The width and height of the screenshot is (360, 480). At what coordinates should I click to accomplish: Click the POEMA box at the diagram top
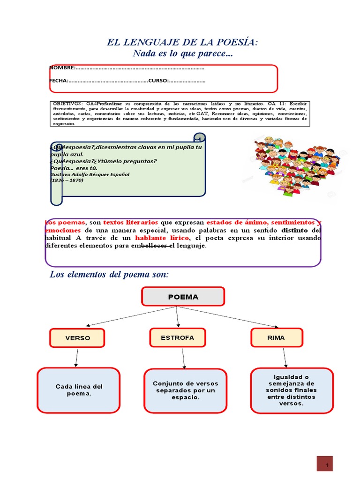(x=183, y=297)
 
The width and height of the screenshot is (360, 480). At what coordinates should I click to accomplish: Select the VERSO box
(x=77, y=338)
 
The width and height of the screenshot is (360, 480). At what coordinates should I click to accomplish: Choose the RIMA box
(x=276, y=337)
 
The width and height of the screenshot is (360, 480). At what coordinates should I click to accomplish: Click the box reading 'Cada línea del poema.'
(x=79, y=390)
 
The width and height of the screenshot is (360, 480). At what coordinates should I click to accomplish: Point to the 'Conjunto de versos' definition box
(x=186, y=390)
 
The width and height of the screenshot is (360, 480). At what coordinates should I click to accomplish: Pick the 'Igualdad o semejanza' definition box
(x=292, y=390)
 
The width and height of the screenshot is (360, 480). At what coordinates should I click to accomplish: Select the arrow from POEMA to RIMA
(x=230, y=317)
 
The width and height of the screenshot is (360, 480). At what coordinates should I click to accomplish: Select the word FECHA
(x=59, y=81)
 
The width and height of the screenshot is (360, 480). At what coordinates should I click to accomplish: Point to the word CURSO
(x=157, y=81)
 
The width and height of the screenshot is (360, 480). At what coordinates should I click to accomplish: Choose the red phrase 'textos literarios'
(x=130, y=222)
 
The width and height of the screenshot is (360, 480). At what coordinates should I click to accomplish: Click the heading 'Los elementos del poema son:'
(x=109, y=274)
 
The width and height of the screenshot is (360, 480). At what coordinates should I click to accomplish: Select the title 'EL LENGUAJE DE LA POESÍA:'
(x=183, y=43)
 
